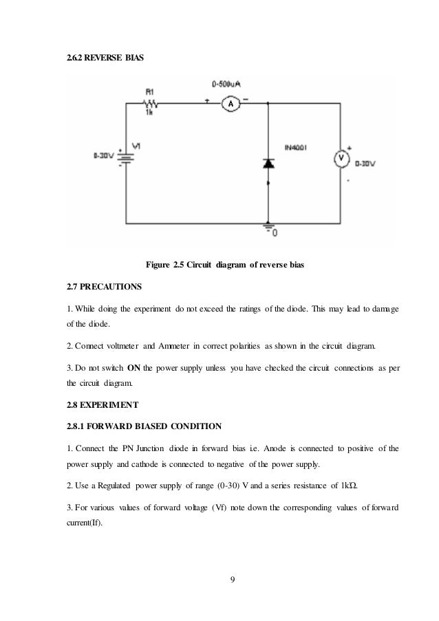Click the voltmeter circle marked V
[340, 158]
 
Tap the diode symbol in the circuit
[267, 164]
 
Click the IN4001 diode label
[295, 147]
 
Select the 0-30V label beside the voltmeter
[365, 164]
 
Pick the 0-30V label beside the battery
[104, 155]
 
